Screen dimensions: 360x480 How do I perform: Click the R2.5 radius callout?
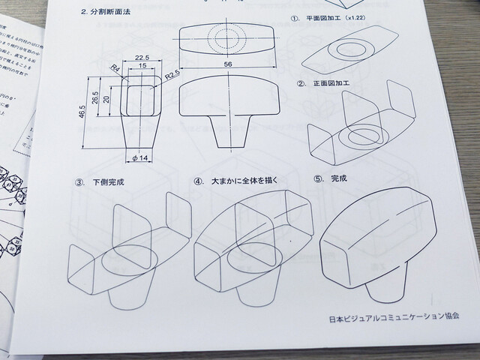pyautogui.click(x=173, y=75)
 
